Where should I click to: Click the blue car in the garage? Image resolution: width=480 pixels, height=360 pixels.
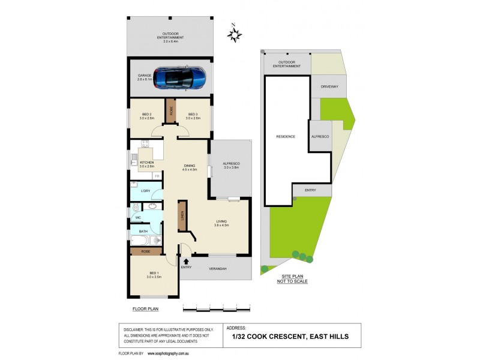click(179, 77)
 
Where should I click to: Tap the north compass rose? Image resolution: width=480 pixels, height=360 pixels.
click(234, 35)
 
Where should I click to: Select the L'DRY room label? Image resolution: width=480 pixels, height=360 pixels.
click(145, 191)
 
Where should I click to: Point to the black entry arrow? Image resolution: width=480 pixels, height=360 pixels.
click(186, 261)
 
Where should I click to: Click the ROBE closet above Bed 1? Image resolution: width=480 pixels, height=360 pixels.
click(146, 252)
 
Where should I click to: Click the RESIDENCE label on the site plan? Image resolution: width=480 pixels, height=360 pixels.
click(286, 137)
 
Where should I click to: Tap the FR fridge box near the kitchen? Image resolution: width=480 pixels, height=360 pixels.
click(157, 176)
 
